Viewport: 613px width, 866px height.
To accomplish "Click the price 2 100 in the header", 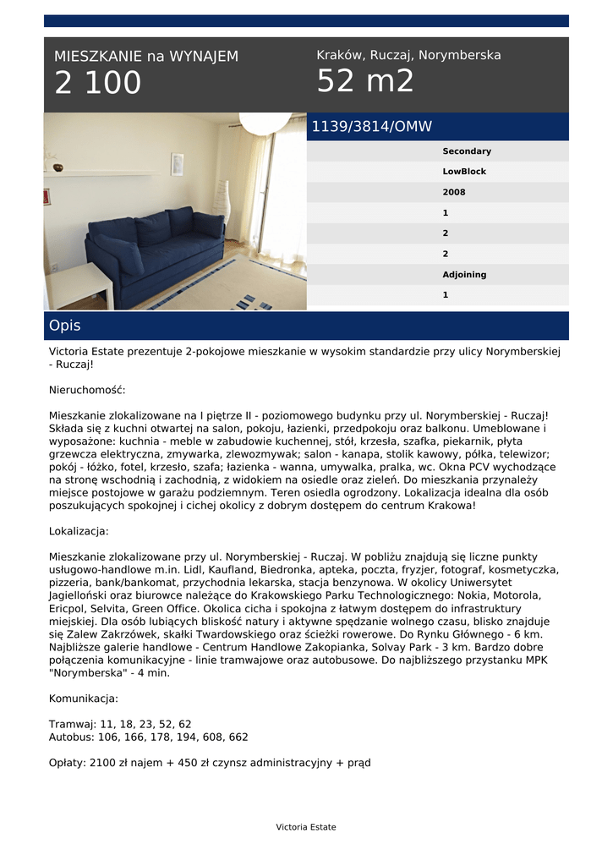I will pyautogui.click(x=98, y=84).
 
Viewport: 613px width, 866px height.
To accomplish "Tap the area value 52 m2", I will pyautogui.click(x=365, y=82).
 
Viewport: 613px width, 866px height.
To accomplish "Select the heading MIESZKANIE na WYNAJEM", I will pyautogui.click(x=146, y=57).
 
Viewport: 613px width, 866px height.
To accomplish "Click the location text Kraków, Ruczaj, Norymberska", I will pyautogui.click(x=408, y=55).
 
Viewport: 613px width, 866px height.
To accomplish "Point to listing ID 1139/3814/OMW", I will pyautogui.click(x=372, y=127).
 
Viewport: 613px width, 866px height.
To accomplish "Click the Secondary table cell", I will pyautogui.click(x=466, y=151).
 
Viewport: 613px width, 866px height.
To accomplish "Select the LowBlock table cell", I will pyautogui.click(x=464, y=172).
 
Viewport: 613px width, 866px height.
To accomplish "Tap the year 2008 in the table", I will pyautogui.click(x=453, y=192).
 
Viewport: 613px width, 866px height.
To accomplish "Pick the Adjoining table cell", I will pyautogui.click(x=464, y=275).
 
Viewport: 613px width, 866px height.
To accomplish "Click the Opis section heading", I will pyautogui.click(x=65, y=326).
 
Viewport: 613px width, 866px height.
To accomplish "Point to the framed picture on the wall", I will pyautogui.click(x=177, y=163).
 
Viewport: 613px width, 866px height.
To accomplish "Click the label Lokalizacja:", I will pyautogui.click(x=79, y=532).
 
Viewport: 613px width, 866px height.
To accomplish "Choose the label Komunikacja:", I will pyautogui.click(x=84, y=699).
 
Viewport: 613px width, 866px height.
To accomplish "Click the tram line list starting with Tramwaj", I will pyautogui.click(x=120, y=724).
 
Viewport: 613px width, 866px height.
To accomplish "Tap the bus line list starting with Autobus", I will pyautogui.click(x=148, y=737).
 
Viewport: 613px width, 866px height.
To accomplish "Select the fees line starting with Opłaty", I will pyautogui.click(x=210, y=762).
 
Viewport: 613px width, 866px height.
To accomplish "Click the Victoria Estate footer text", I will pyautogui.click(x=306, y=827).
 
